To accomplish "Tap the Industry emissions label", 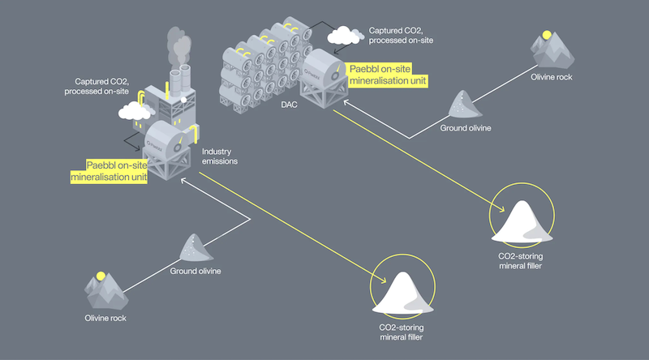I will click(x=219, y=156).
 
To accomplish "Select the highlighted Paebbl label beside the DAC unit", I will click(x=386, y=75).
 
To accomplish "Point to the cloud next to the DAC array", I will click(x=344, y=35).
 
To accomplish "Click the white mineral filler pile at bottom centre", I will click(x=402, y=294).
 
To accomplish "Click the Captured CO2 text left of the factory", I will click(x=98, y=86).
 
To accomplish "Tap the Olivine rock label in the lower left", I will click(x=106, y=319).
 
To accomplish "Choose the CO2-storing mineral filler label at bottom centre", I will click(x=402, y=332).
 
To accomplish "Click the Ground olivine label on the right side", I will click(x=466, y=128).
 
